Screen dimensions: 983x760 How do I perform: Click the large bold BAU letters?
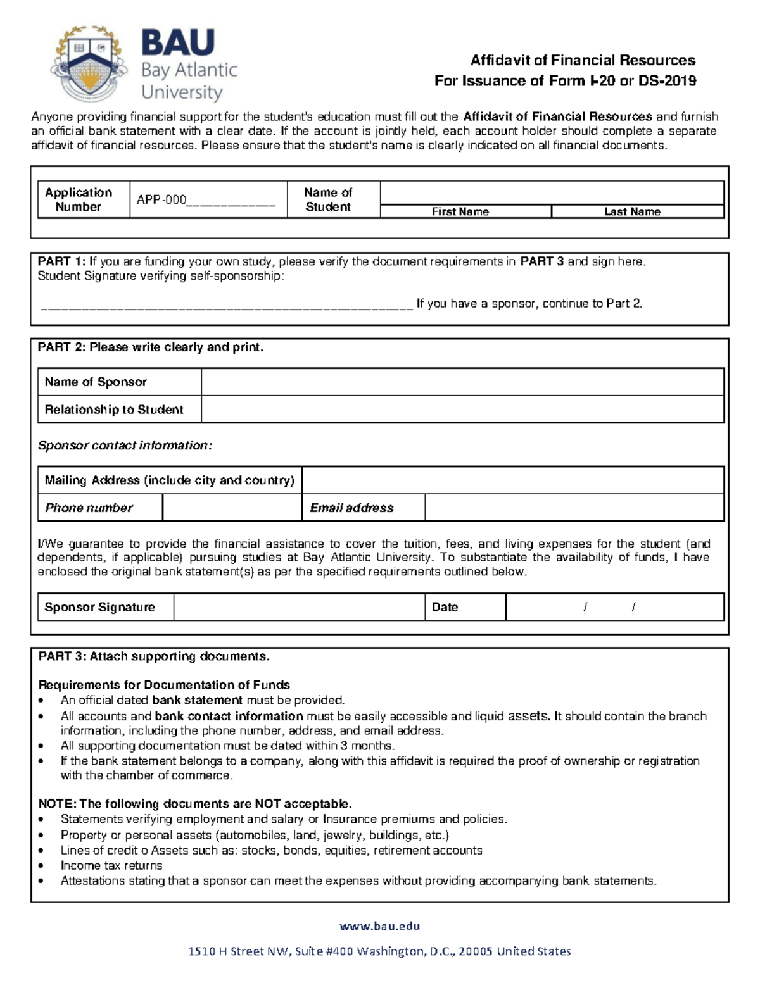pyautogui.click(x=178, y=43)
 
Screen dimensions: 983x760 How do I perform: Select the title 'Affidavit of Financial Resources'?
pyautogui.click(x=582, y=61)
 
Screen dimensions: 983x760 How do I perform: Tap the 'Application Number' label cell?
pyautogui.click(x=79, y=199)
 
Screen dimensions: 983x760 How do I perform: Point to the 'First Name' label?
pyautogui.click(x=460, y=211)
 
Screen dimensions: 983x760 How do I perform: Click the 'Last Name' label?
pyautogui.click(x=631, y=211)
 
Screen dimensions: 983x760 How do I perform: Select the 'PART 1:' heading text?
pyautogui.click(x=61, y=262)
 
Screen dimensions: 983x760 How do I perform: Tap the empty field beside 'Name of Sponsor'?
pyautogui.click(x=462, y=382)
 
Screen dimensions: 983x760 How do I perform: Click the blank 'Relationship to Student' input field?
pyautogui.click(x=462, y=410)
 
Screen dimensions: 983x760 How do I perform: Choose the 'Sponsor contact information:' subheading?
pyautogui.click(x=125, y=446)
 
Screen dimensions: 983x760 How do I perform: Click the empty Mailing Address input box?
pyautogui.click(x=512, y=480)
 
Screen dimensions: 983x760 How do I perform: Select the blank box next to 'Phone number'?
pyautogui.click(x=232, y=508)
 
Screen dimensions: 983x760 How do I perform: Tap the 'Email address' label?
pyautogui.click(x=351, y=508)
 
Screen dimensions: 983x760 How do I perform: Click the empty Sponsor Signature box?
pyautogui.click(x=298, y=607)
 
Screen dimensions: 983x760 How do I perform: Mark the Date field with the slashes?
pyautogui.click(x=614, y=607)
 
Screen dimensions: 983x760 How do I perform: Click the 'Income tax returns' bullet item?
pyautogui.click(x=111, y=865)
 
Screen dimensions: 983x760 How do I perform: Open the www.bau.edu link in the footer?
pyautogui.click(x=379, y=926)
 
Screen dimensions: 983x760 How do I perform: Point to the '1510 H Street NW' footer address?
pyautogui.click(x=379, y=951)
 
